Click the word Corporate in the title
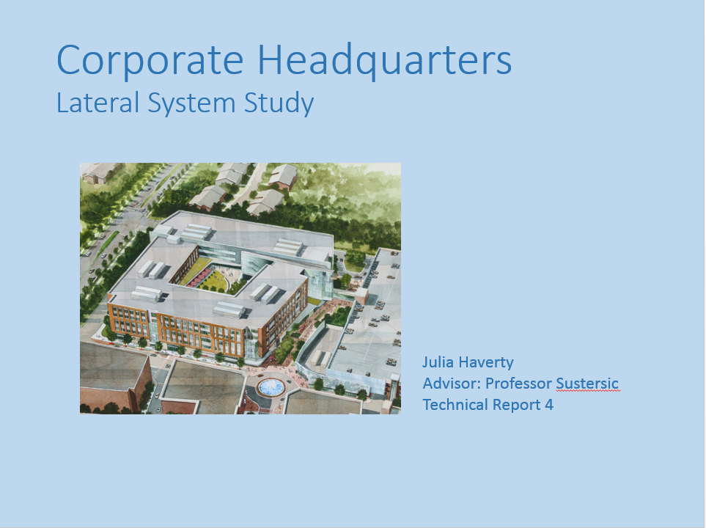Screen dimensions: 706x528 click(x=150, y=61)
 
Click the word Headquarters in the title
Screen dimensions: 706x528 click(x=384, y=61)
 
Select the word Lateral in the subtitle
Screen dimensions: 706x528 click(x=98, y=103)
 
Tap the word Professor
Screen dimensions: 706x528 click(x=519, y=384)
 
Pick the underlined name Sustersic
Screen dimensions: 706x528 click(x=587, y=384)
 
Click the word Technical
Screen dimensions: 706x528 click(x=455, y=405)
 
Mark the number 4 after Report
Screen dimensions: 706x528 click(x=549, y=405)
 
